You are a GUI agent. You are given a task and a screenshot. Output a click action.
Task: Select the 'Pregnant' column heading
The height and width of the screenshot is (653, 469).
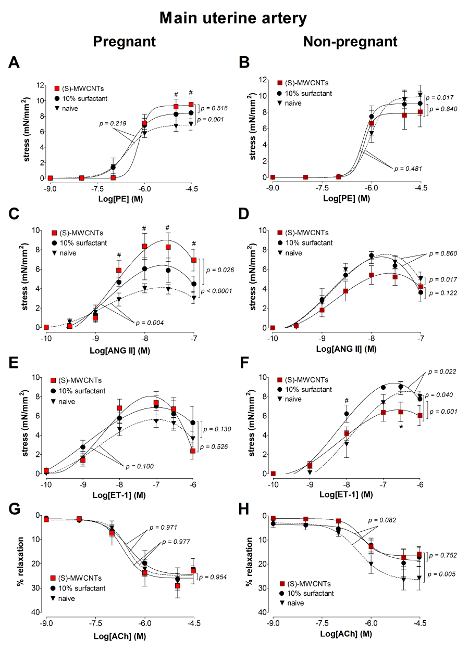coord(124,42)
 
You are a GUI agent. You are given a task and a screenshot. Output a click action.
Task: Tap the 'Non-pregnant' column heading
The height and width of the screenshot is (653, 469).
coord(350,42)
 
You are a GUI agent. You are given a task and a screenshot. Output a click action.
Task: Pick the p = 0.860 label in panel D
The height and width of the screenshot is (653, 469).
coord(445,253)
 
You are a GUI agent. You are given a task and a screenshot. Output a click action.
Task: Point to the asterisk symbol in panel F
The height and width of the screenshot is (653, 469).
coord(401,427)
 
